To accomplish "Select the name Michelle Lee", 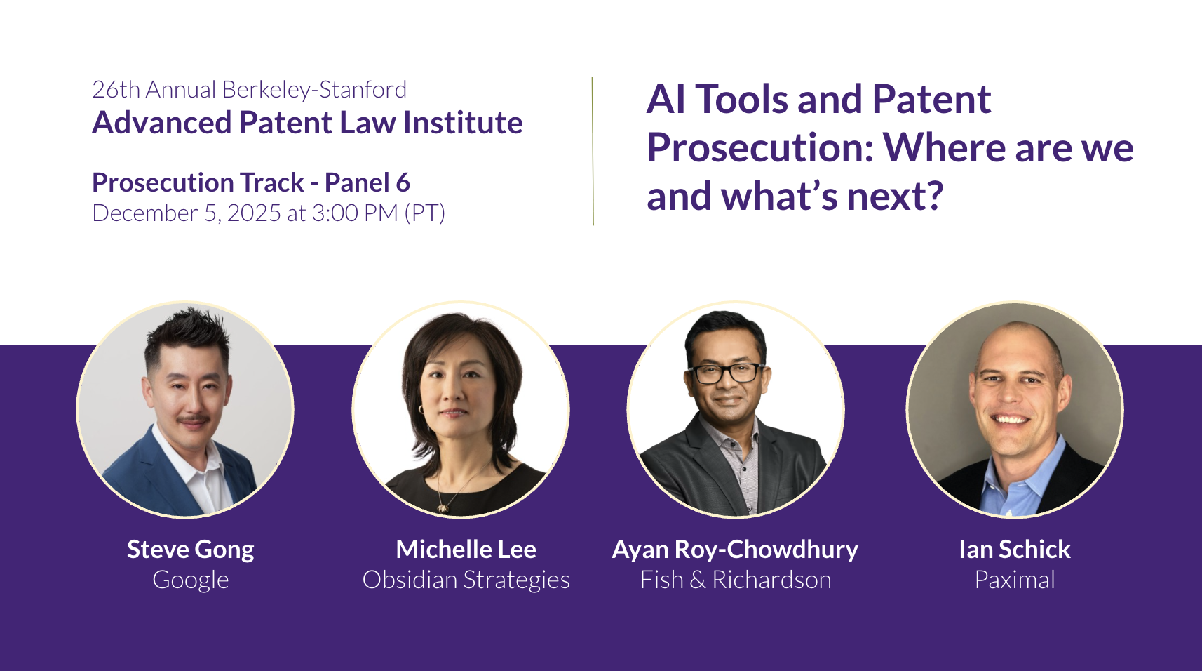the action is point(466,550).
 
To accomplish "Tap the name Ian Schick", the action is point(1015,550).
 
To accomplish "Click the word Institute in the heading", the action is point(463,123).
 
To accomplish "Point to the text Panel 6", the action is point(367,182).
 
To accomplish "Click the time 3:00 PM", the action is point(355,213).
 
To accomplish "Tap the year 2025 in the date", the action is point(254,213).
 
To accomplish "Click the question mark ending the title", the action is point(934,196).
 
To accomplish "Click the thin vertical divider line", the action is point(593,152).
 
